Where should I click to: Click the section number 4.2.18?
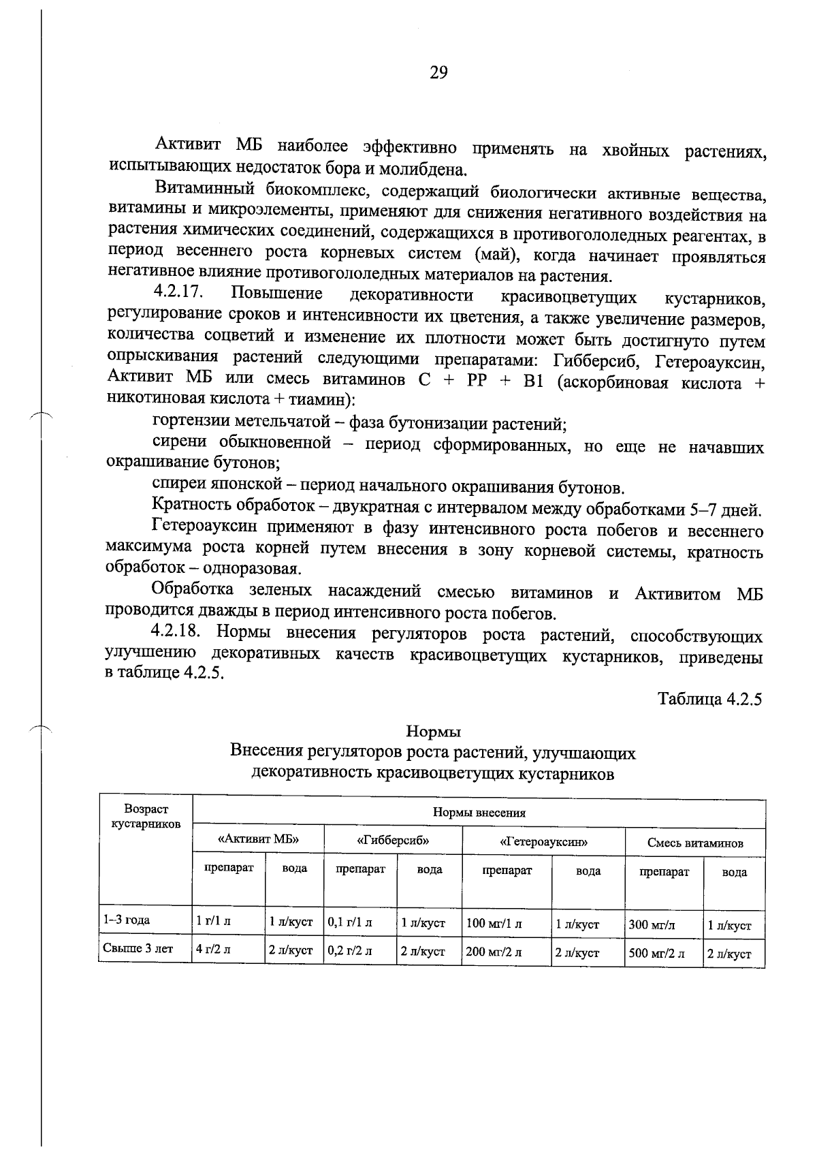pyautogui.click(x=179, y=631)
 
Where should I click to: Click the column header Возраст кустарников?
pyautogui.click(x=146, y=816)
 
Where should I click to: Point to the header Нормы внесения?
pyautogui.click(x=479, y=813)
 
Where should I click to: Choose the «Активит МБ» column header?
pyautogui.click(x=258, y=840)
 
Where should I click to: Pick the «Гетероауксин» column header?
pyautogui.click(x=543, y=842)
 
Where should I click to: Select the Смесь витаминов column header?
pyautogui.click(x=695, y=843)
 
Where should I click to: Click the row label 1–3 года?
pyautogui.click(x=127, y=920)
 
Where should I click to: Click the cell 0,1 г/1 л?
pyautogui.click(x=350, y=923)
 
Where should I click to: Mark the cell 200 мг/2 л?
pyautogui.click(x=494, y=952)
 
